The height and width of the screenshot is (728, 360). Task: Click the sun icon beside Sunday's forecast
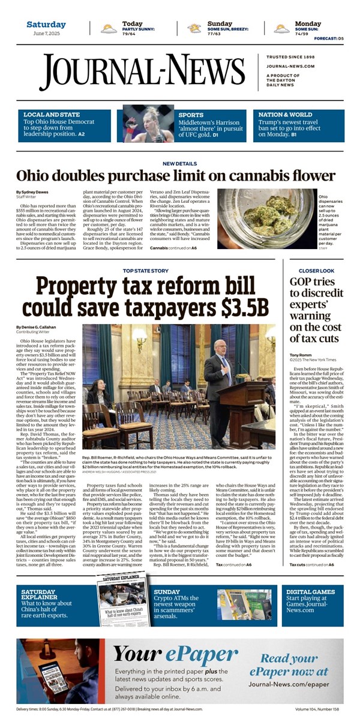tap(194, 28)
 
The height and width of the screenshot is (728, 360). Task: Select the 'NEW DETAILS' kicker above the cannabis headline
tap(180, 163)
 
